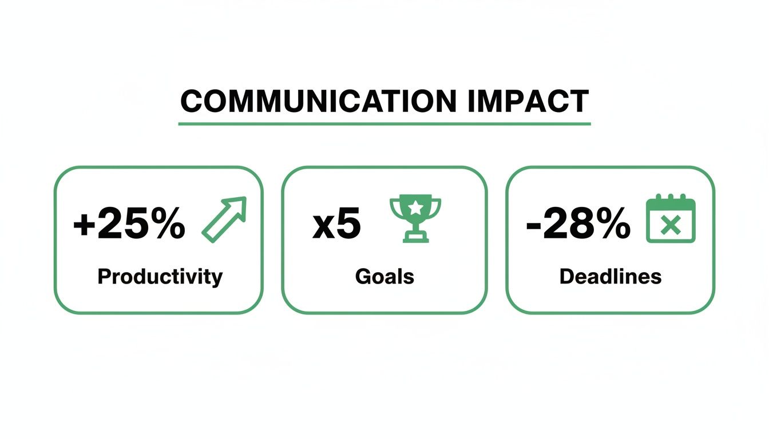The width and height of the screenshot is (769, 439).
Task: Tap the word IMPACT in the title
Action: click(528, 102)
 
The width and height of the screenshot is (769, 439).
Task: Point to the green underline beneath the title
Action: click(384, 123)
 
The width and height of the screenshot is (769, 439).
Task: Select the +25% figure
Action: click(129, 225)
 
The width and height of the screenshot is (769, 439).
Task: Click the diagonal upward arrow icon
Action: click(224, 219)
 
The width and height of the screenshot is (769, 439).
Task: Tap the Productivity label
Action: click(160, 277)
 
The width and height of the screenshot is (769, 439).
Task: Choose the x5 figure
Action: click(337, 225)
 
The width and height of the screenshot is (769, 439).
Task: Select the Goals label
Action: click(384, 277)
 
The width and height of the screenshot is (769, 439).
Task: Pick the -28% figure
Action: click(578, 225)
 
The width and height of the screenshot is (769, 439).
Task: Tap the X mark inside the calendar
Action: click(670, 226)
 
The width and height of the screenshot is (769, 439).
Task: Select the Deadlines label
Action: click(611, 277)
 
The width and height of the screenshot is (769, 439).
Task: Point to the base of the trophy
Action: click(415, 237)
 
